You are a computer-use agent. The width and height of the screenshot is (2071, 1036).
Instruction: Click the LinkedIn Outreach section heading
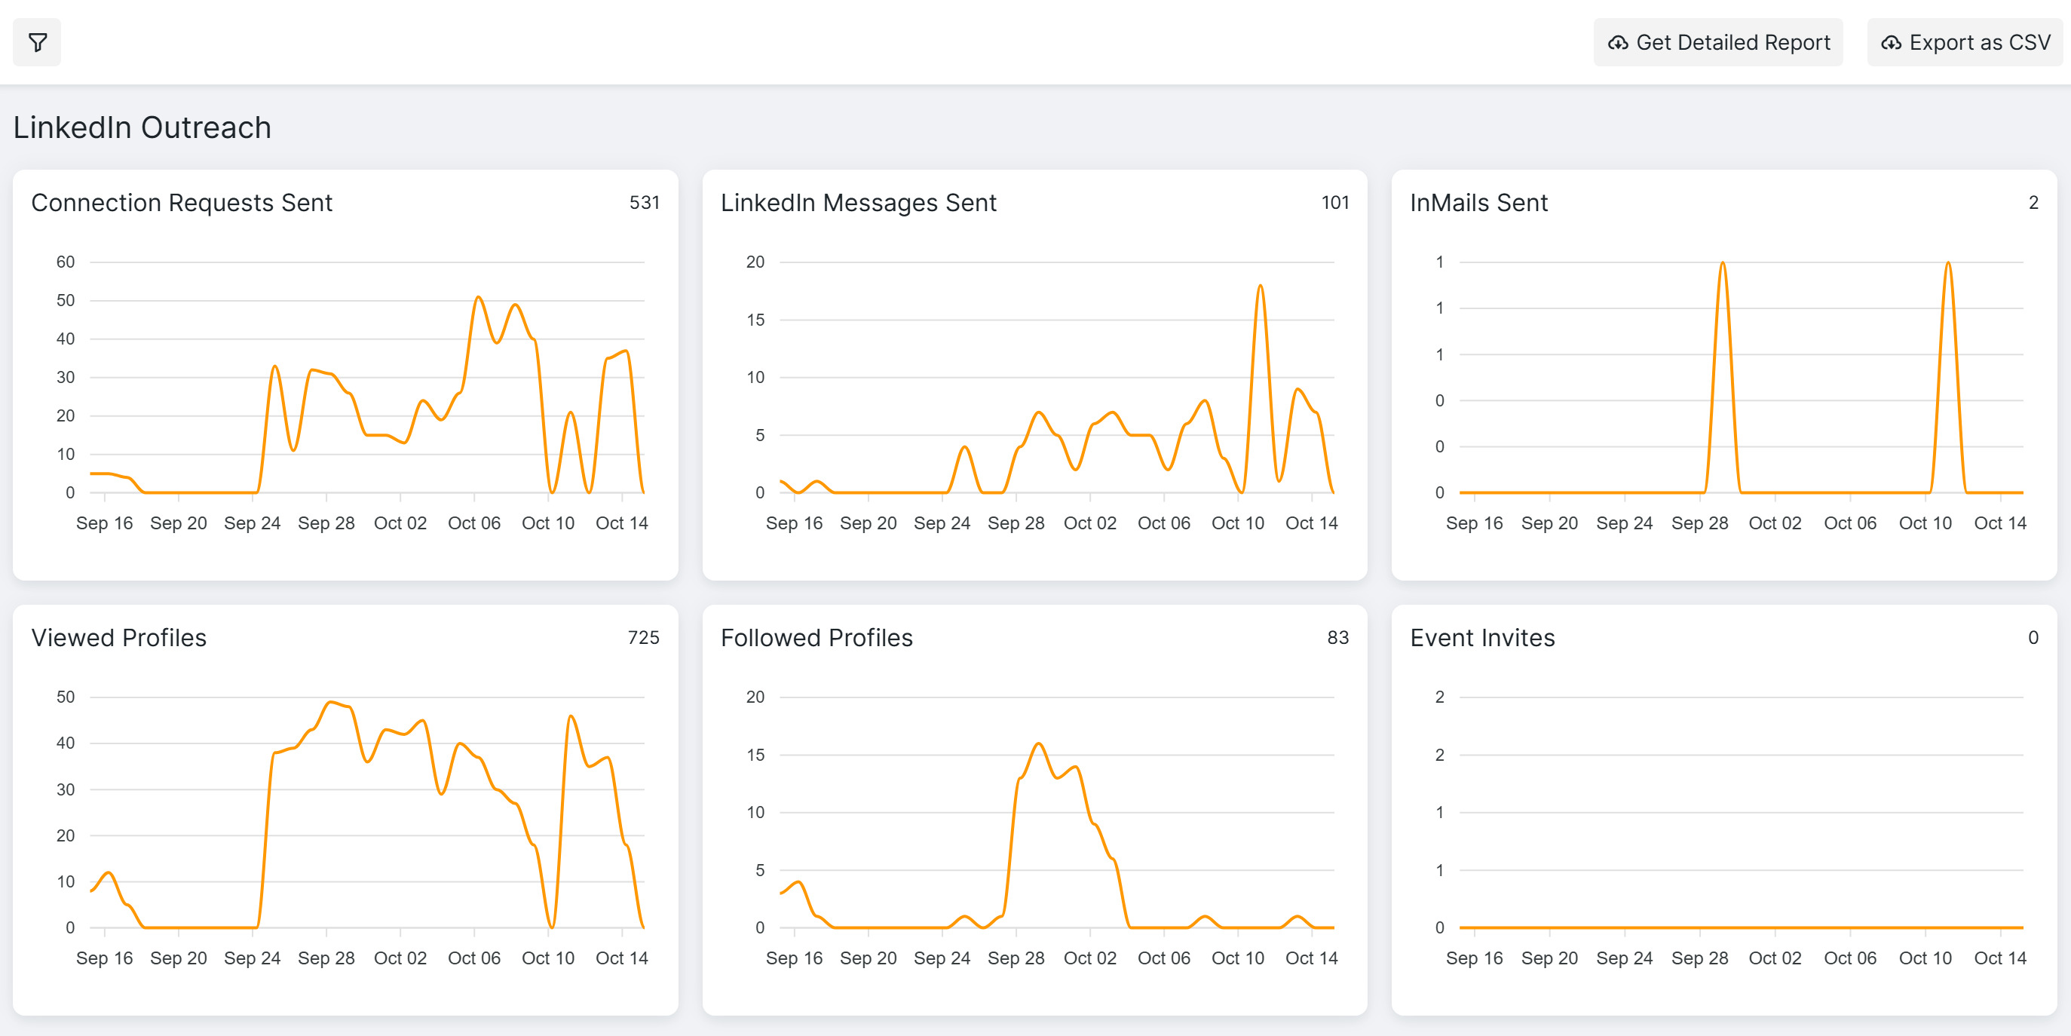pos(142,127)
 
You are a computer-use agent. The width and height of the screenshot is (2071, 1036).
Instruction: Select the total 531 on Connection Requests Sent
pos(644,203)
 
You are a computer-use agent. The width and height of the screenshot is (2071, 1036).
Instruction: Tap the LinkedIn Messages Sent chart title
pos(858,203)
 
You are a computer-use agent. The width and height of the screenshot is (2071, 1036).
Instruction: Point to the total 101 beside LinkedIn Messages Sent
pos(1334,203)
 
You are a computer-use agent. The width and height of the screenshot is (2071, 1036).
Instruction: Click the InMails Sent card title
pos(1478,203)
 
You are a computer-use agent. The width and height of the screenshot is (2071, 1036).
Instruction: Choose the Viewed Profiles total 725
pos(643,638)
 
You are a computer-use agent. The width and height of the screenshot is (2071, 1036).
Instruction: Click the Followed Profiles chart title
pos(816,638)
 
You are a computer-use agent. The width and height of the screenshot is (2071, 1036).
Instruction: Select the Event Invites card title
pos(1481,638)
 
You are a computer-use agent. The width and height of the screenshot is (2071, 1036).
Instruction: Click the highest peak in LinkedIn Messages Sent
pos(1260,286)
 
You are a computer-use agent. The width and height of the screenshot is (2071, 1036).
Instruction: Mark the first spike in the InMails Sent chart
pos(1722,263)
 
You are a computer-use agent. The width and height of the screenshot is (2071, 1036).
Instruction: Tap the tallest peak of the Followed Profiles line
pos(1039,743)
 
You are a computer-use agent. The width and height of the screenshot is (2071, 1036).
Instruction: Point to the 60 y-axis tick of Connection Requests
pos(65,262)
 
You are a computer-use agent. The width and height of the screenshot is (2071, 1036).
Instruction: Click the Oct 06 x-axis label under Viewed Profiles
pos(473,958)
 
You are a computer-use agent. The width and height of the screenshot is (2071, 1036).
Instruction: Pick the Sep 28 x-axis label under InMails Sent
pos(1699,523)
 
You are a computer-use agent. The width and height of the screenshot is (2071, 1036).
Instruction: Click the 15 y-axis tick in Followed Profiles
pos(755,755)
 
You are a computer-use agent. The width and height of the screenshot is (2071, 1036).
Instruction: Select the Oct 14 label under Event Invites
pos(1999,958)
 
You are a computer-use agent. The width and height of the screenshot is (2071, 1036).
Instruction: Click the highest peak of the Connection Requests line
pos(478,297)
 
